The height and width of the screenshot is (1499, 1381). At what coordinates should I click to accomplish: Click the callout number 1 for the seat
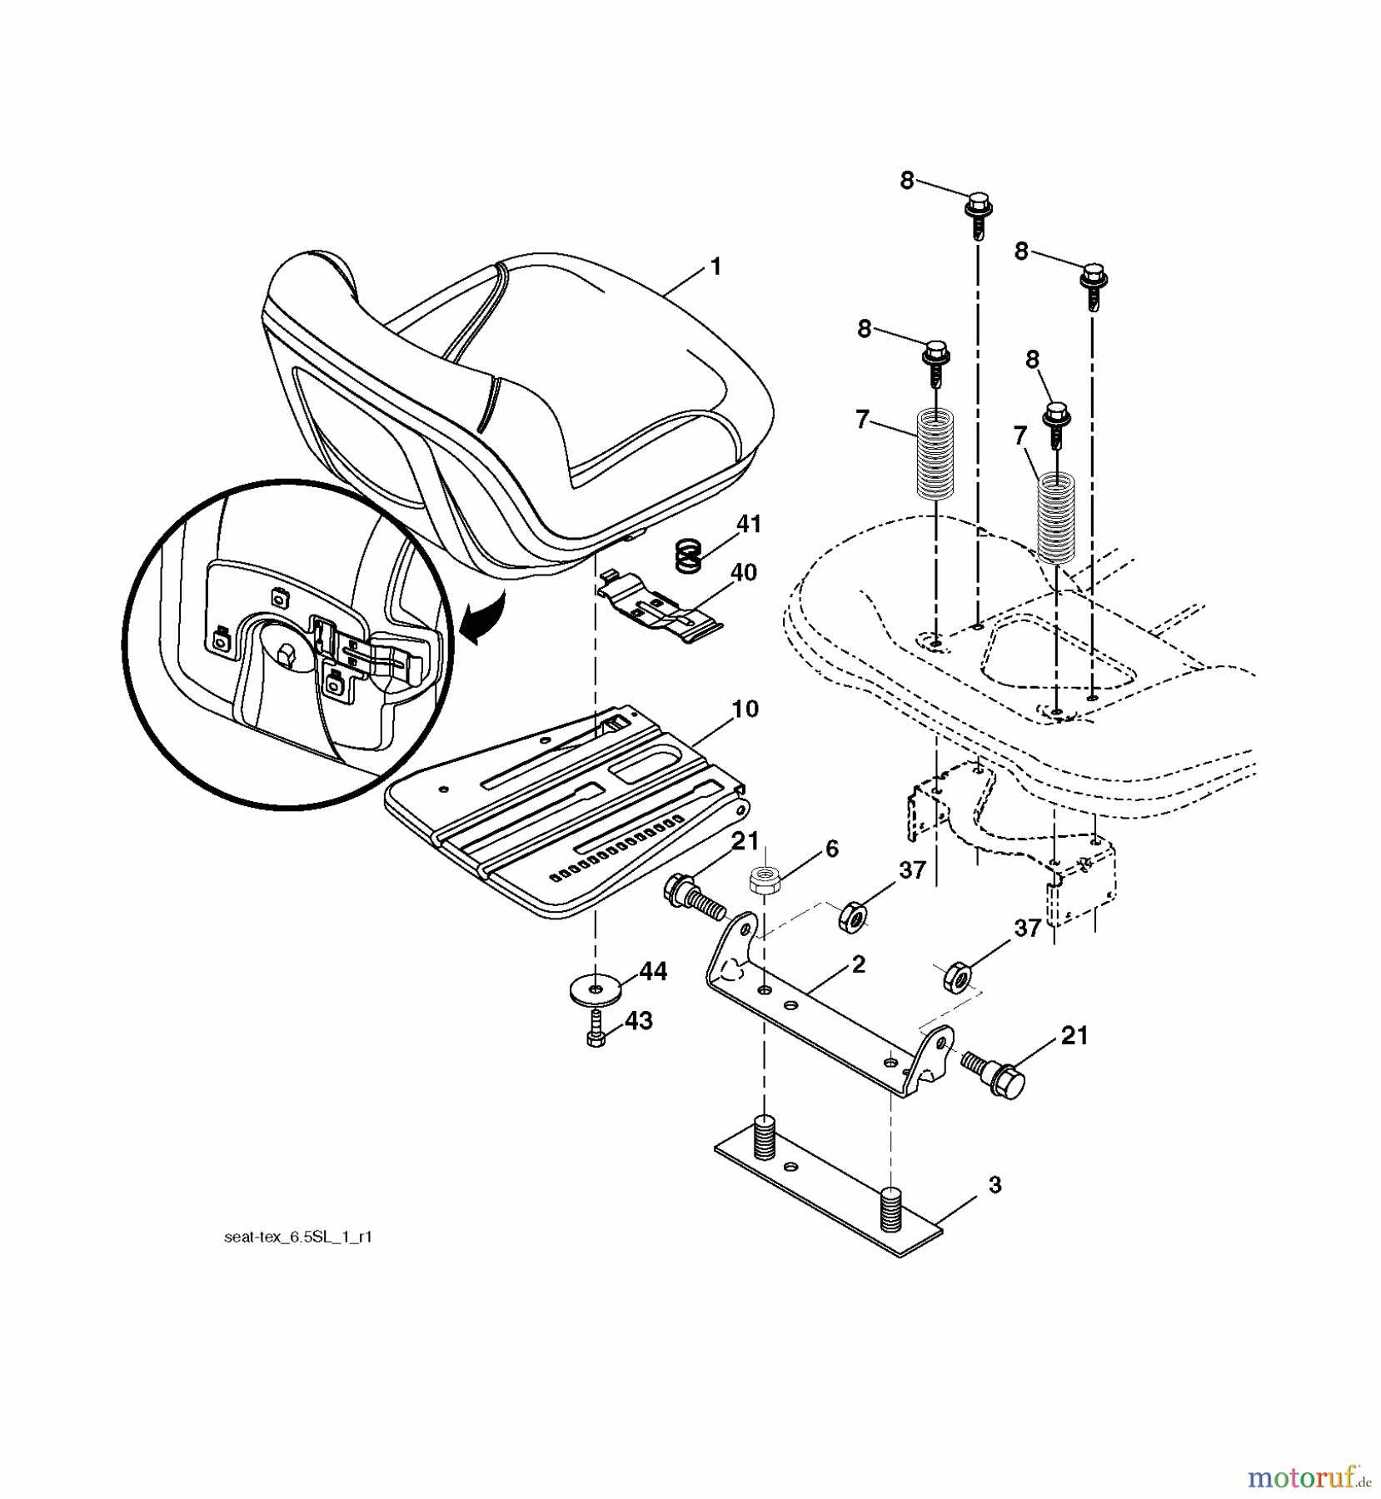point(715,267)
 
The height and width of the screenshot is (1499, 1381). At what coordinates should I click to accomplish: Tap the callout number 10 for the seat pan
point(745,710)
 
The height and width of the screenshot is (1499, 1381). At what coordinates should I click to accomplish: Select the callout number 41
point(748,525)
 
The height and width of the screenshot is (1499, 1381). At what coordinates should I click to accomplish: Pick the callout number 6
point(831,849)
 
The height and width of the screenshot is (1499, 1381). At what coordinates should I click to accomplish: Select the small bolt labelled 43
point(596,1031)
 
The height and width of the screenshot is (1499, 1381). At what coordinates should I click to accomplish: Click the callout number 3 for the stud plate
point(995,1186)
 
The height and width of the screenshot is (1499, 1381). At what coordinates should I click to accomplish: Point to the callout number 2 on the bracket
point(859,964)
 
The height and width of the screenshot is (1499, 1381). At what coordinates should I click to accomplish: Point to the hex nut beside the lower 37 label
point(959,975)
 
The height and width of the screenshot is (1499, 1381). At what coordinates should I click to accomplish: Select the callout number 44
point(654,971)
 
